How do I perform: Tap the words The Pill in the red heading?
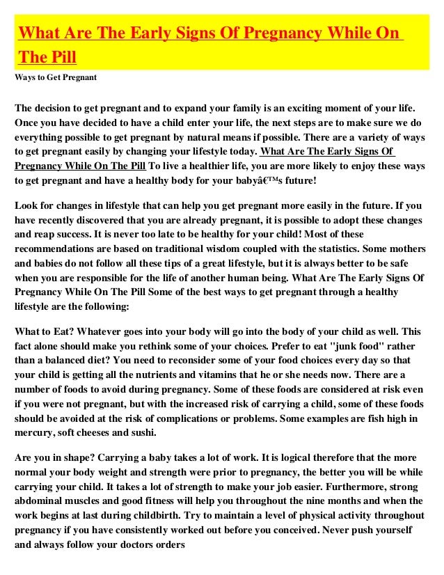(47, 56)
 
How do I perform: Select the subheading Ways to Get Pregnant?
(55, 77)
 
